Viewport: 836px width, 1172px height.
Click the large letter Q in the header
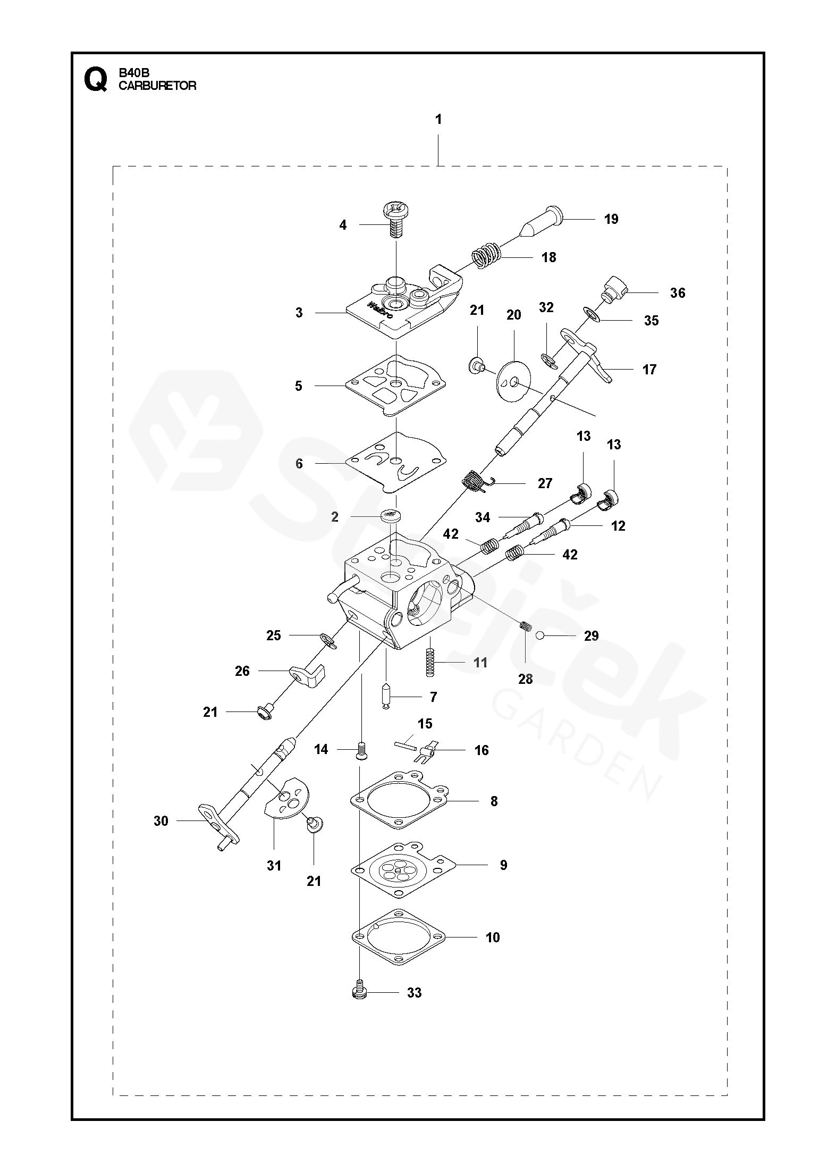point(95,80)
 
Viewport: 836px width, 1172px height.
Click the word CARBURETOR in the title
point(157,86)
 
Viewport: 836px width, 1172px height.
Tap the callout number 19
point(611,219)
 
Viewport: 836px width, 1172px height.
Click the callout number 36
point(678,293)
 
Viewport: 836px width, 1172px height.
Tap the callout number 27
point(545,483)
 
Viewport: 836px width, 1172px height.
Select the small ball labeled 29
point(540,635)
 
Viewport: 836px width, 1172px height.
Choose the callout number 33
point(414,992)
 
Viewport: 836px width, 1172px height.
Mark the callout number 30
point(161,821)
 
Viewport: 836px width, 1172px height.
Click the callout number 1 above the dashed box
point(438,120)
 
